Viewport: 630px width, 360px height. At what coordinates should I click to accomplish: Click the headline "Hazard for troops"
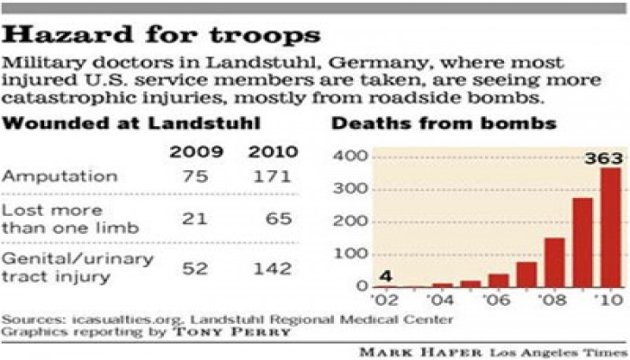pyautogui.click(x=163, y=37)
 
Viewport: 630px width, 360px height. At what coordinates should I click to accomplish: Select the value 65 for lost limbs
pyautogui.click(x=278, y=220)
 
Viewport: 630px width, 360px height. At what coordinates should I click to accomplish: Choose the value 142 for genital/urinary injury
pyautogui.click(x=271, y=267)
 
